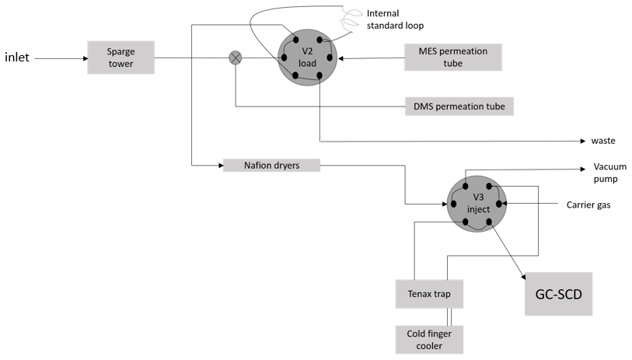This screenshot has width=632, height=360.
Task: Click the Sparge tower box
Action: tap(121, 57)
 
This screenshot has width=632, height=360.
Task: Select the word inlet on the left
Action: tap(18, 58)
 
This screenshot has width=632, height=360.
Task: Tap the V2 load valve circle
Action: tap(306, 57)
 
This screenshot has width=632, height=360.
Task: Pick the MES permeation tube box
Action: tap(452, 57)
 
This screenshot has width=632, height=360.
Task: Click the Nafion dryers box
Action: tap(271, 165)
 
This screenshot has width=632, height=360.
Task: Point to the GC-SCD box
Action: tap(558, 293)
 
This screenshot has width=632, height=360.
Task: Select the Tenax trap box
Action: tap(429, 294)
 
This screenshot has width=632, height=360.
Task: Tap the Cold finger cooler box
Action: tap(429, 339)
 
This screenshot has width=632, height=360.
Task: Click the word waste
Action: tap(603, 141)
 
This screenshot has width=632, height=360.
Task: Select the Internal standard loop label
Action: tap(394, 19)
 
